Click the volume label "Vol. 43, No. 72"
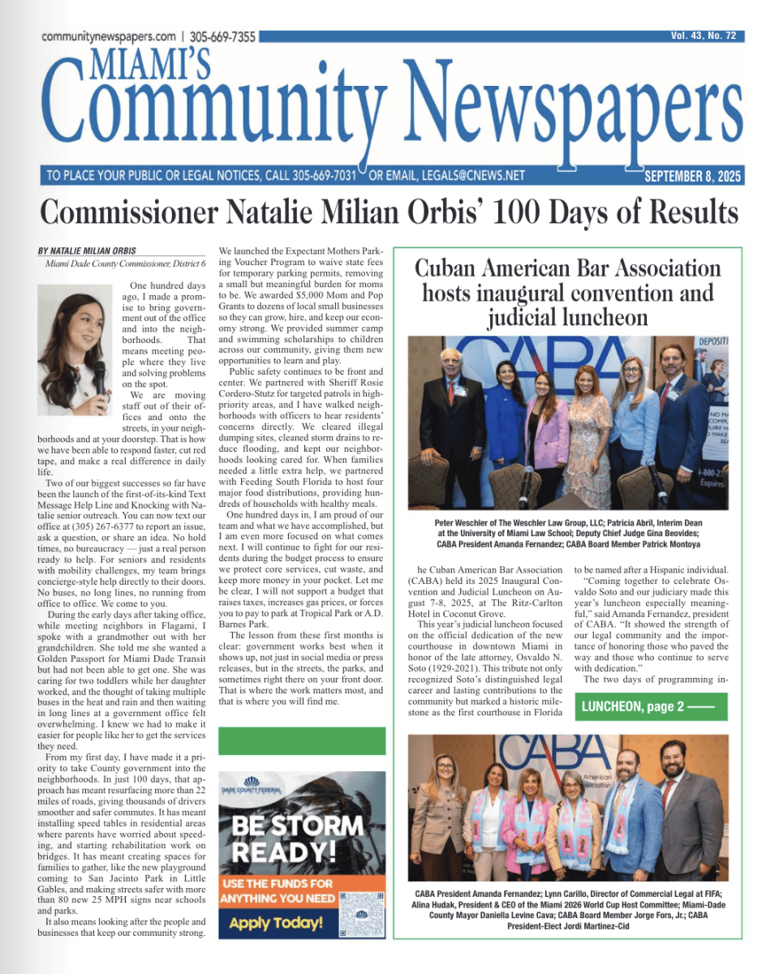point(703,36)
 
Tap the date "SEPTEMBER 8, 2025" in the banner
point(692,176)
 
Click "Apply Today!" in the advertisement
point(276,923)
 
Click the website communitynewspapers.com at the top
point(108,37)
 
